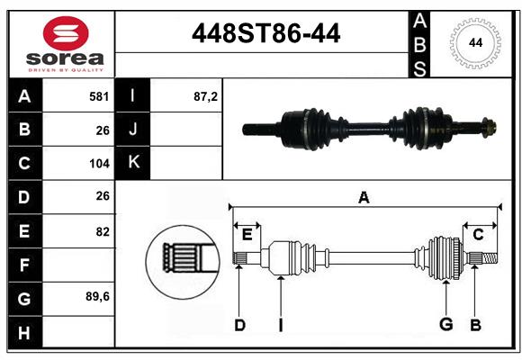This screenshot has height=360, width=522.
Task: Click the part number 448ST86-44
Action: pos(266,34)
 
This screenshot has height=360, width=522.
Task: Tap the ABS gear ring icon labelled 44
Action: pos(474,41)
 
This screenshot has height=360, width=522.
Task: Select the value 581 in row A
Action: pos(99,95)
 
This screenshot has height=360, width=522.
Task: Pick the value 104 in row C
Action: pos(99,164)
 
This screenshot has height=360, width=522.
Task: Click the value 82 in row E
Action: pos(103,231)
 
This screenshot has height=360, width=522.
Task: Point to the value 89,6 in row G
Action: pos(98,296)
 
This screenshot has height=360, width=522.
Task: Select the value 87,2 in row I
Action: pos(206,95)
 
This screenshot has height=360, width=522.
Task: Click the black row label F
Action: pos(24,265)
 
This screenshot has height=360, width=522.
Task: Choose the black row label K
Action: pos(133,163)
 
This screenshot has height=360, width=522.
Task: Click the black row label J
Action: pos(133,130)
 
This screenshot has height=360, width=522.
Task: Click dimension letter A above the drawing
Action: pos(364,197)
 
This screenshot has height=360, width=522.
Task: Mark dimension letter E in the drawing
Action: pos(247,235)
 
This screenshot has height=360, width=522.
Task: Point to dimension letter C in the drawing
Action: pos(479,235)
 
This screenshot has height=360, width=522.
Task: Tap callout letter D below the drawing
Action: pos(239,325)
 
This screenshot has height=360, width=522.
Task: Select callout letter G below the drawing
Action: pos(445,325)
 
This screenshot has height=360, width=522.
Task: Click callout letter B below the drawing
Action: pos(476,325)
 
